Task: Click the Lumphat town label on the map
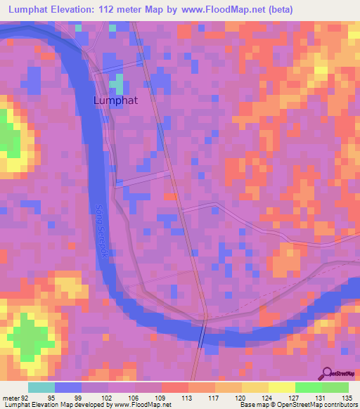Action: pos(115,100)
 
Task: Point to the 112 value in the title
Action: pos(120,10)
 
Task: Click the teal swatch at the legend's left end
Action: pos(41,387)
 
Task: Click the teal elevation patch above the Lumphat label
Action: pos(119,84)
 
